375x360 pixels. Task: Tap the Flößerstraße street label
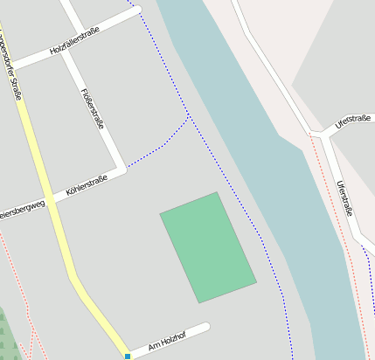point(92,108)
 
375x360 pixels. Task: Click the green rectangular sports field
point(208,247)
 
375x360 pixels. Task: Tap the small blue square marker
point(128,357)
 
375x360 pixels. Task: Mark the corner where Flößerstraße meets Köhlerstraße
point(122,168)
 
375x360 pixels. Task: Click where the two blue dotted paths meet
point(189,114)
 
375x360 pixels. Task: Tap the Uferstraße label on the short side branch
point(348,122)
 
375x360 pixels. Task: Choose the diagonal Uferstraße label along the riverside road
point(345,197)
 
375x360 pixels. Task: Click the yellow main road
point(52,218)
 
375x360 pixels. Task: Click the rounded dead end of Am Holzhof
point(206,328)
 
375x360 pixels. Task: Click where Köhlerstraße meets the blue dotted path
point(128,165)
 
